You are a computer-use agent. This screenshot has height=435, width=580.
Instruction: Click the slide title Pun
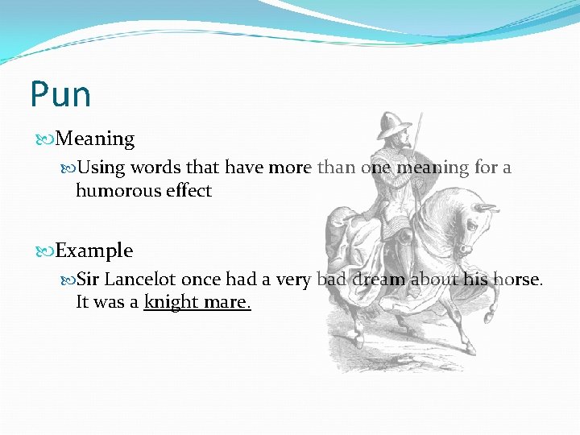click(x=60, y=94)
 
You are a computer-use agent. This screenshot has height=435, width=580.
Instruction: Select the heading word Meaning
click(x=96, y=139)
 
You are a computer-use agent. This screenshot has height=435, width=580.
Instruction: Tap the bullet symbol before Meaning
click(x=47, y=139)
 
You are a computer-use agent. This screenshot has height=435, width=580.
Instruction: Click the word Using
click(x=101, y=168)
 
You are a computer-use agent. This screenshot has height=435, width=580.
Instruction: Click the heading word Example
click(x=94, y=251)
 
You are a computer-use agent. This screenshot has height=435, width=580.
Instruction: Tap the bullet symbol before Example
click(x=47, y=251)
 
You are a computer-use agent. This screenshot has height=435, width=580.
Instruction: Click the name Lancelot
click(x=140, y=280)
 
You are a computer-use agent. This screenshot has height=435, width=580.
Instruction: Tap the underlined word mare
click(x=227, y=303)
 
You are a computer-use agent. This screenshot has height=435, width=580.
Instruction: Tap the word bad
click(x=331, y=280)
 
